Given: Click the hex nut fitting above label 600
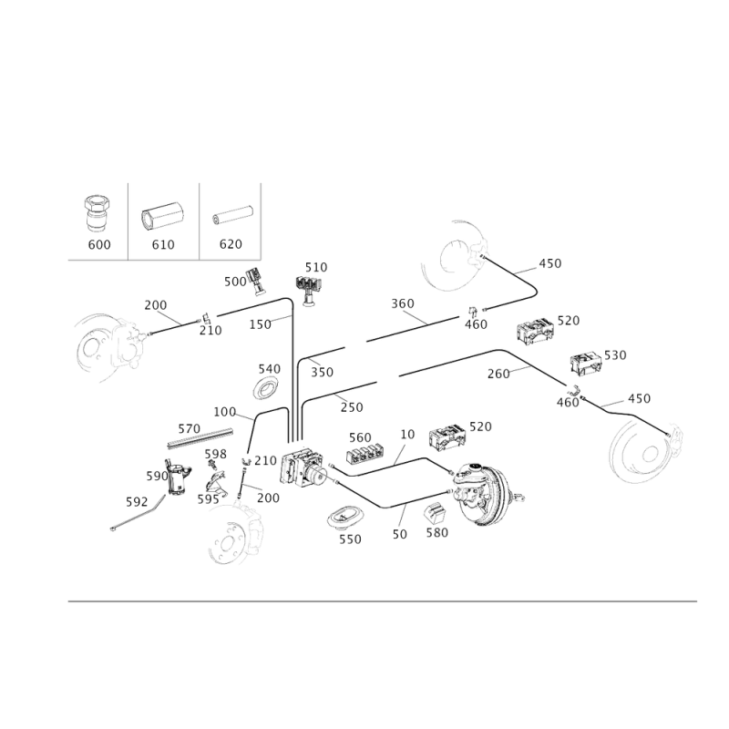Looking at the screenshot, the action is (98, 213).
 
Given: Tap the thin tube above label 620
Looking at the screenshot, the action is (231, 215).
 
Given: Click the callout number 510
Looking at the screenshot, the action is (316, 267).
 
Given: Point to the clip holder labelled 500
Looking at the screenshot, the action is (256, 281).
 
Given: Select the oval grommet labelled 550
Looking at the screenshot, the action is (345, 516).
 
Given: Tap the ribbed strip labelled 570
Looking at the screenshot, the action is (200, 438).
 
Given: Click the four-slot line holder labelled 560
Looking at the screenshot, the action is (365, 454).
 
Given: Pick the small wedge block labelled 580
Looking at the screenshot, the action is (436, 513).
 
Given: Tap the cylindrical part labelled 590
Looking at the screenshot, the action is (178, 477).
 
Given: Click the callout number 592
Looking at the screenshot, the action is (137, 502).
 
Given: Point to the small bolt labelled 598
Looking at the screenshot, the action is (214, 465).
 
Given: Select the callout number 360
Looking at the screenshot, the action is (403, 303).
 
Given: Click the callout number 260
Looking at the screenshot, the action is (498, 374).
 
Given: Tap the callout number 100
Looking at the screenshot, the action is (224, 412).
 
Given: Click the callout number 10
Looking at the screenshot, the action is (407, 435).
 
